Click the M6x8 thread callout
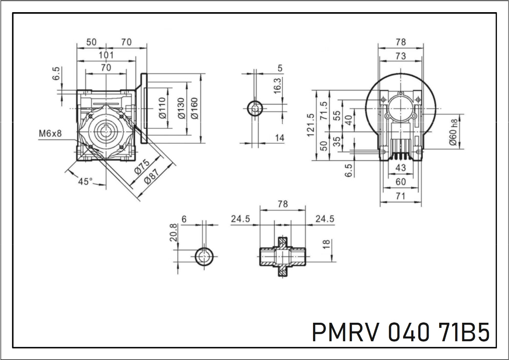point(50,134)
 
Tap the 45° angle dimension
point(85,182)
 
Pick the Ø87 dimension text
point(153,176)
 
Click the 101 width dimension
point(106,55)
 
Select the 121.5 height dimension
point(310,125)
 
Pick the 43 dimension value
point(400,168)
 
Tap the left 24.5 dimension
point(240,219)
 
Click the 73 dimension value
point(400,56)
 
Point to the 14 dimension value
point(279,138)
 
